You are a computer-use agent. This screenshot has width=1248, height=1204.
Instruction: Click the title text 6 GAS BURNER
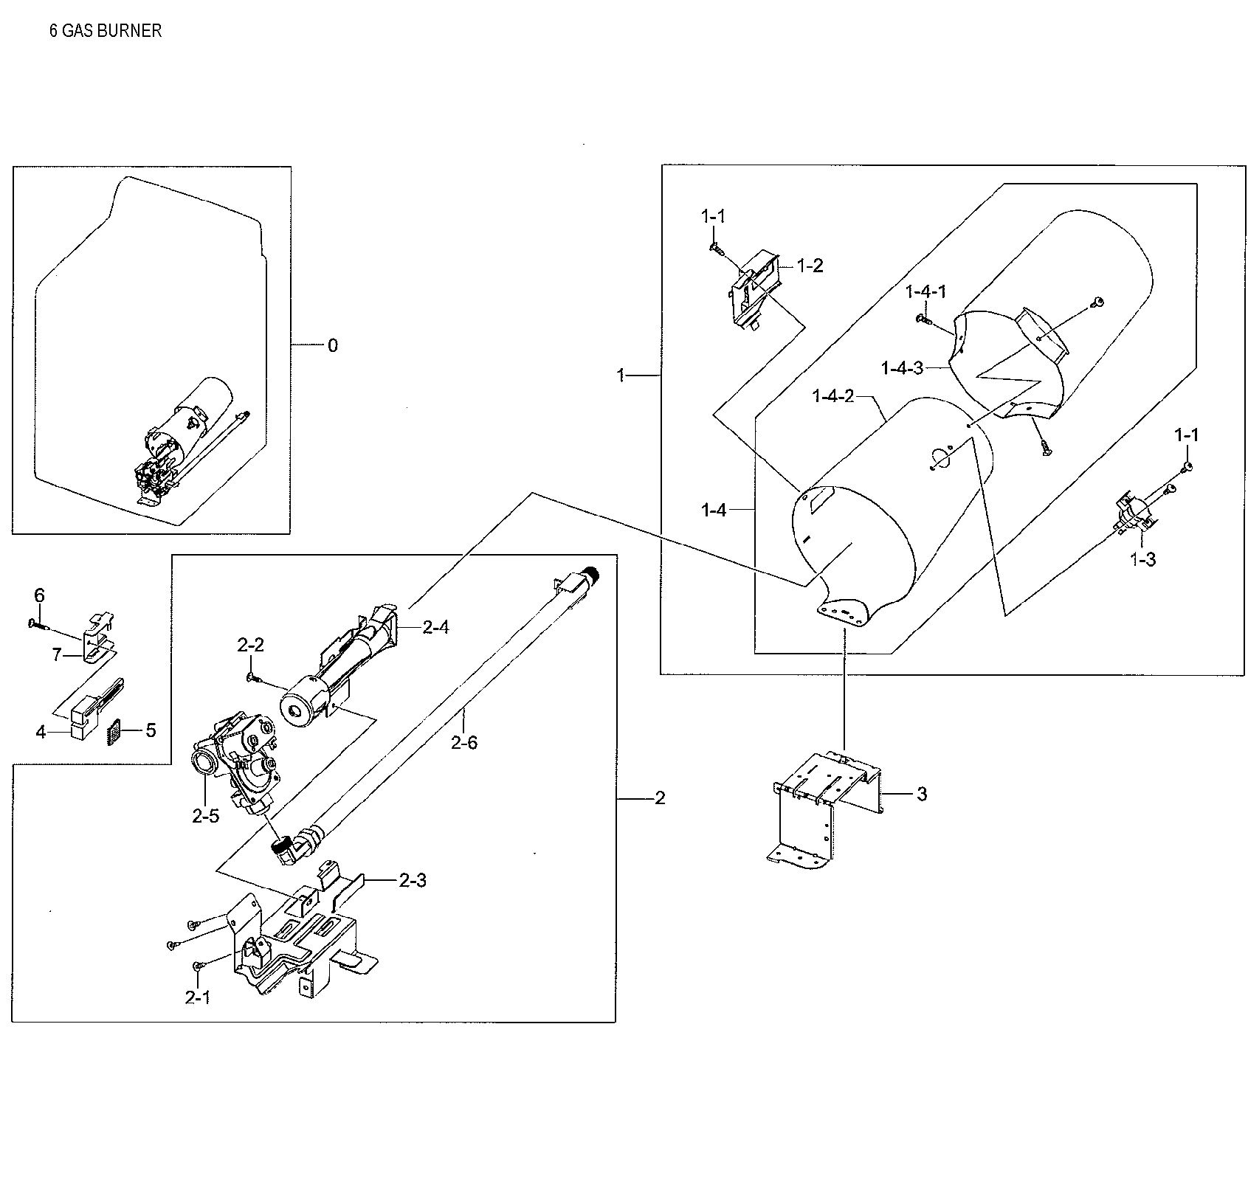106,31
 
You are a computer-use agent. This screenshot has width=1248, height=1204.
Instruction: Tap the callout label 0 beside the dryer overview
333,345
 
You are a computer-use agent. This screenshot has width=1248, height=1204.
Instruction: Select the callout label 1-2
810,266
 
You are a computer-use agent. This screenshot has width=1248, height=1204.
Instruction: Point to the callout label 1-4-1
925,291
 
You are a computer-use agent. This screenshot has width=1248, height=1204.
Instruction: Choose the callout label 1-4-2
832,396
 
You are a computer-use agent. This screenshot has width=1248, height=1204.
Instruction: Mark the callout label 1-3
1142,559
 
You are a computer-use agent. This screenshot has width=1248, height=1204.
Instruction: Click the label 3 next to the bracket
922,794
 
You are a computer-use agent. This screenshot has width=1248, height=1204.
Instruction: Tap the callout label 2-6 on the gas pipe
464,742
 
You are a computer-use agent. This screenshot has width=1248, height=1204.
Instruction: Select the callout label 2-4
435,627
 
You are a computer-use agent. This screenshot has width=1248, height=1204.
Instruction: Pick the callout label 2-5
206,816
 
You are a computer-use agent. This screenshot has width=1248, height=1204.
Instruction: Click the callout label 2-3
413,880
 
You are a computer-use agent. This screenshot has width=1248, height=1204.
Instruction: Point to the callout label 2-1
198,997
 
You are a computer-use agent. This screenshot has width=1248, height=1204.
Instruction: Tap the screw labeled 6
38,624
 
